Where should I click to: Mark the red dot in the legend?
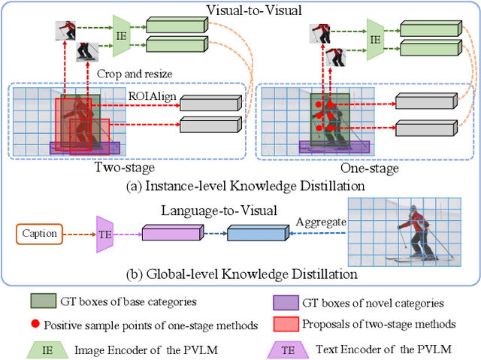[x=35, y=324]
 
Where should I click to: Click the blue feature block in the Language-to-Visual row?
[x=255, y=234]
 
